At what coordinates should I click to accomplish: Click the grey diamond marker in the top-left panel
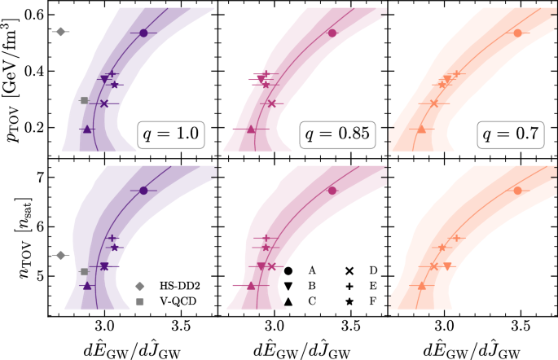click(60, 32)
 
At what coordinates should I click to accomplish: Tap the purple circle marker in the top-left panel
click(143, 33)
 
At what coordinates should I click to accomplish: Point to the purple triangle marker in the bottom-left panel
click(87, 286)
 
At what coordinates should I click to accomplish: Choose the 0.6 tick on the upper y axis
click(35, 15)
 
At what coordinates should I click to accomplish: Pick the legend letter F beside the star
click(377, 301)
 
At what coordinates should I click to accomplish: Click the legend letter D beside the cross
click(377, 270)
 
